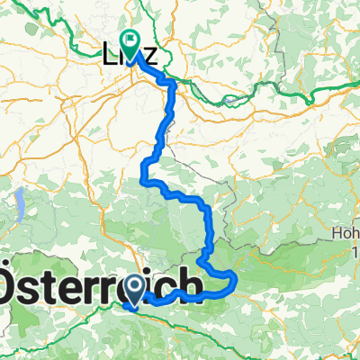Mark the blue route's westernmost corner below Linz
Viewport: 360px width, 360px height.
pyautogui.click(x=143, y=171)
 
